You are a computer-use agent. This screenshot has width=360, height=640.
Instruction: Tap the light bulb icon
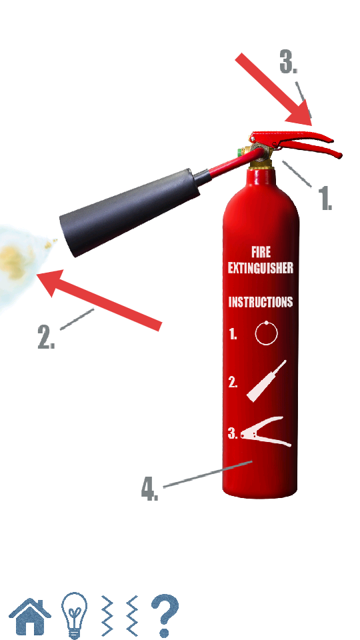pos(74,615)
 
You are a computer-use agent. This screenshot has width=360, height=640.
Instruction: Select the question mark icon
pos(165,616)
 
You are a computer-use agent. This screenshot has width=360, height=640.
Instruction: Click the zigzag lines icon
pos(120,616)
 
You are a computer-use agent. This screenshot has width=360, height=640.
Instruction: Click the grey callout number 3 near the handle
pos(288,61)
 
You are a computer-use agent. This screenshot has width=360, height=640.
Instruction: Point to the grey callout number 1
pos(325,198)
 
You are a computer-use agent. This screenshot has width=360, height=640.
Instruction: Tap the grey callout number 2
pos(46,337)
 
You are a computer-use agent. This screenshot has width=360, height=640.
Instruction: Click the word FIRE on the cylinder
pos(261,252)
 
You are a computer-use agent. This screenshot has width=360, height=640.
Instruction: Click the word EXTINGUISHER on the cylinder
pos(261,268)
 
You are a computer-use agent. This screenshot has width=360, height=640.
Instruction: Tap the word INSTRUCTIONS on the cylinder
pos(261,301)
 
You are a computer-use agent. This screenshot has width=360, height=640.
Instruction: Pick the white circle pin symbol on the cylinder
pos(267,333)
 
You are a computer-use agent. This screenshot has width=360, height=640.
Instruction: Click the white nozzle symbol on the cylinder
pos(267,381)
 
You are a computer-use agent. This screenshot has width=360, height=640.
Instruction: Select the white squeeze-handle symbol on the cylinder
pos(266,432)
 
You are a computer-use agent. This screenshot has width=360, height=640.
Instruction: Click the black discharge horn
pos(131,212)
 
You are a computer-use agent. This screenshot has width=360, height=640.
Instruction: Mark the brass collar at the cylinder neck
pos(261,164)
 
